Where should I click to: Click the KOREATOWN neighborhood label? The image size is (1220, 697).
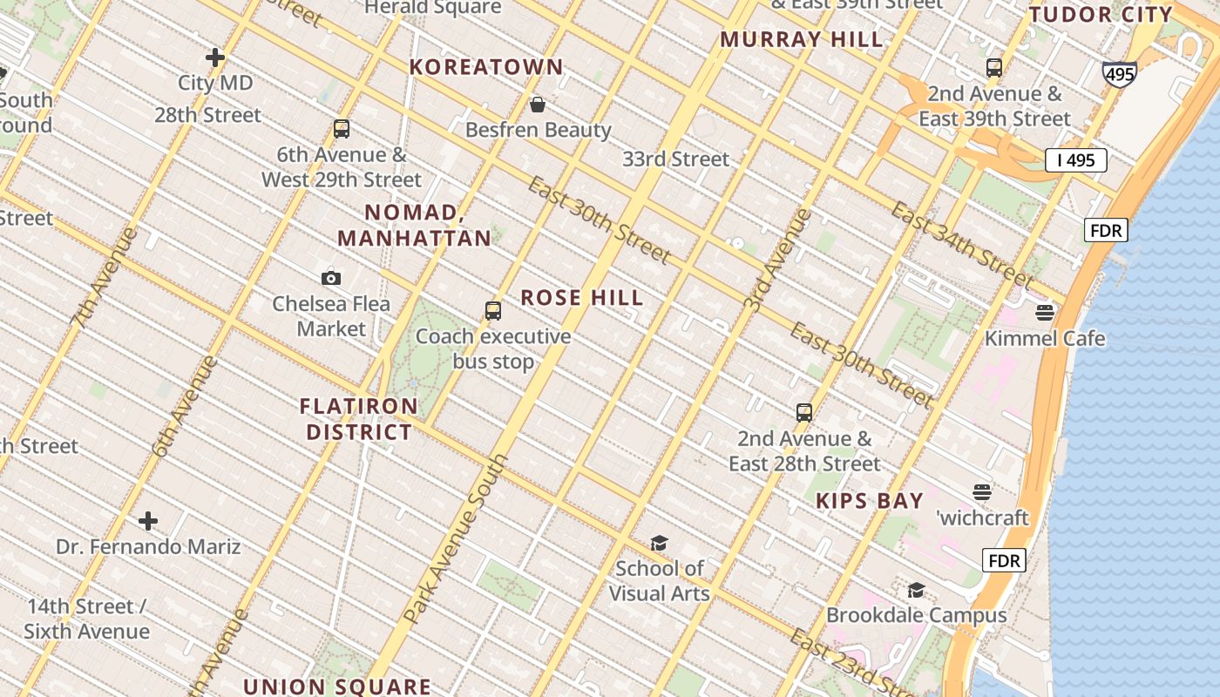click(x=486, y=67)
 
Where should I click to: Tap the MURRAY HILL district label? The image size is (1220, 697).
click(x=802, y=39)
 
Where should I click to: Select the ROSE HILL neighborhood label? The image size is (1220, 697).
click(x=582, y=298)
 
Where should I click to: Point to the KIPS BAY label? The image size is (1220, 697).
click(x=869, y=501)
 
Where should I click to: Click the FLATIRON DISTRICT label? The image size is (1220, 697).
click(x=358, y=419)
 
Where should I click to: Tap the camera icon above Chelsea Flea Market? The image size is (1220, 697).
click(x=331, y=278)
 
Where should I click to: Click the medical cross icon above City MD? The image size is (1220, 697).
click(x=215, y=58)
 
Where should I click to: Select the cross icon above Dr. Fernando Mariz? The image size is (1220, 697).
click(x=148, y=521)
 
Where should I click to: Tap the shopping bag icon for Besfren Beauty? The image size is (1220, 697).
click(x=538, y=105)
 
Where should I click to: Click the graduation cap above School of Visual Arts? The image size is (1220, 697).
click(x=659, y=543)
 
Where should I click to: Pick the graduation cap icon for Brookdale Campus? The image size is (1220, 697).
click(x=916, y=590)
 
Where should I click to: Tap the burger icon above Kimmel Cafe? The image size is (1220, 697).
click(x=1045, y=312)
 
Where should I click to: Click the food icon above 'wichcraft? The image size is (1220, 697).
click(x=982, y=492)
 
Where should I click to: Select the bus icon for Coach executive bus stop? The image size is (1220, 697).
click(x=493, y=310)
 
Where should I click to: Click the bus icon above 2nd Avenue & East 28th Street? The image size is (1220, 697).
click(x=804, y=412)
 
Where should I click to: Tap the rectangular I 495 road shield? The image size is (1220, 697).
click(x=1075, y=159)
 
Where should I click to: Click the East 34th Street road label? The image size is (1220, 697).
click(x=963, y=244)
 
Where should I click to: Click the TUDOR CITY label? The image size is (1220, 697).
click(x=1101, y=15)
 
